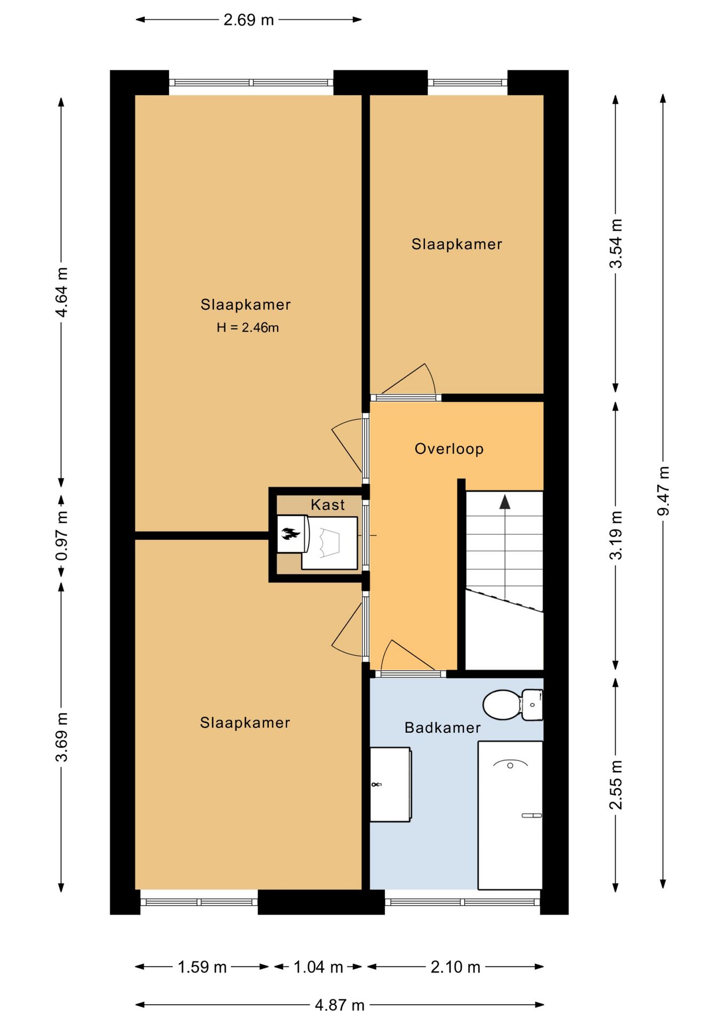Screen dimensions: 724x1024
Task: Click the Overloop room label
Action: pyautogui.click(x=449, y=449)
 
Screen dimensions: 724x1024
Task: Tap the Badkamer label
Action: pyautogui.click(x=443, y=727)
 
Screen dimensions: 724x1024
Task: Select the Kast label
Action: pyautogui.click(x=328, y=505)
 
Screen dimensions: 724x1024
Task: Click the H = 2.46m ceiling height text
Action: pyautogui.click(x=247, y=327)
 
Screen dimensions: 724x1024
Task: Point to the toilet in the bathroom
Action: pyautogui.click(x=512, y=705)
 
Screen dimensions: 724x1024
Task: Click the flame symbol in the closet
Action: pyautogui.click(x=290, y=533)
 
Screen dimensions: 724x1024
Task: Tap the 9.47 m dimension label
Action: pyautogui.click(x=663, y=491)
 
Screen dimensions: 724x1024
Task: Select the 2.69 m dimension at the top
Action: pyautogui.click(x=248, y=20)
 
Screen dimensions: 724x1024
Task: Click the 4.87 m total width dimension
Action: pyautogui.click(x=340, y=1005)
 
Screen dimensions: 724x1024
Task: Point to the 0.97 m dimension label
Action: pyautogui.click(x=62, y=535)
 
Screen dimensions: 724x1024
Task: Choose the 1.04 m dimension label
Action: pyautogui.click(x=318, y=967)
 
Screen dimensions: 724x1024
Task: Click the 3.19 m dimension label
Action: pyautogui.click(x=616, y=535)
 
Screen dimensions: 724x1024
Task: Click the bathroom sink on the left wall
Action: pyautogui.click(x=391, y=784)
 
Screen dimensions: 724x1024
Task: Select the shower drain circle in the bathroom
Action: pyautogui.click(x=510, y=765)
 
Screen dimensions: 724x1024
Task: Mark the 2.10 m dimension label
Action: pyautogui.click(x=455, y=967)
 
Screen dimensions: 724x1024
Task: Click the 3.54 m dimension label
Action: pyautogui.click(x=616, y=243)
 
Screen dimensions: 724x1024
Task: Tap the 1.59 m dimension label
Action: pyautogui.click(x=202, y=967)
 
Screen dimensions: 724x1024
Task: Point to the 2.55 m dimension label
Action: pyautogui.click(x=616, y=785)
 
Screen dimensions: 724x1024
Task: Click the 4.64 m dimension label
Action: pyautogui.click(x=62, y=292)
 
